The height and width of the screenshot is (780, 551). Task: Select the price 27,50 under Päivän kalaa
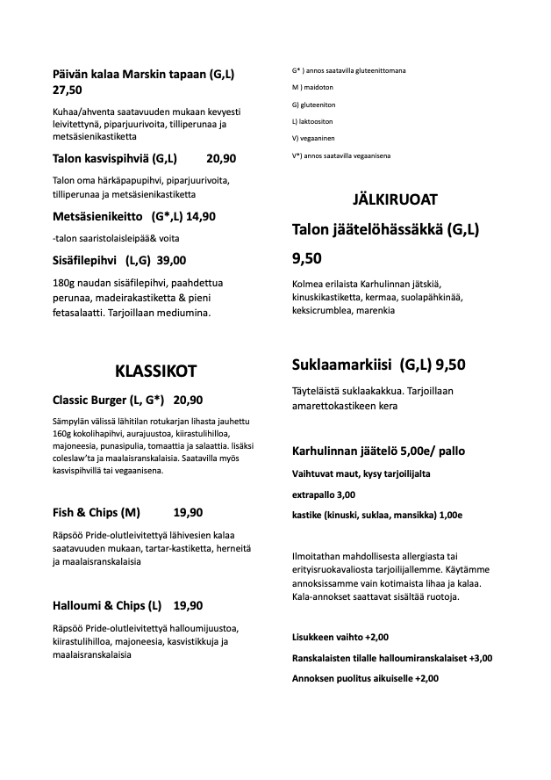68,90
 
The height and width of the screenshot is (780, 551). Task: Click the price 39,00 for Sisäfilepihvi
171,260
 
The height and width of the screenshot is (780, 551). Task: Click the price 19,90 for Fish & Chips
188,513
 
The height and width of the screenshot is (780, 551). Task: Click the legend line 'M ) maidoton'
312,88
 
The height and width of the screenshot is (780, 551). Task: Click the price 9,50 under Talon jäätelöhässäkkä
306,258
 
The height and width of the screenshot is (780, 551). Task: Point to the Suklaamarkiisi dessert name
342,365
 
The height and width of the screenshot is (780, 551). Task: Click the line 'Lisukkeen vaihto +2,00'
340,637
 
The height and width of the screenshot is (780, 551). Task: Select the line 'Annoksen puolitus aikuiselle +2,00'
364,678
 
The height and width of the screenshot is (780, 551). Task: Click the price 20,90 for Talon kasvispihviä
221,159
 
